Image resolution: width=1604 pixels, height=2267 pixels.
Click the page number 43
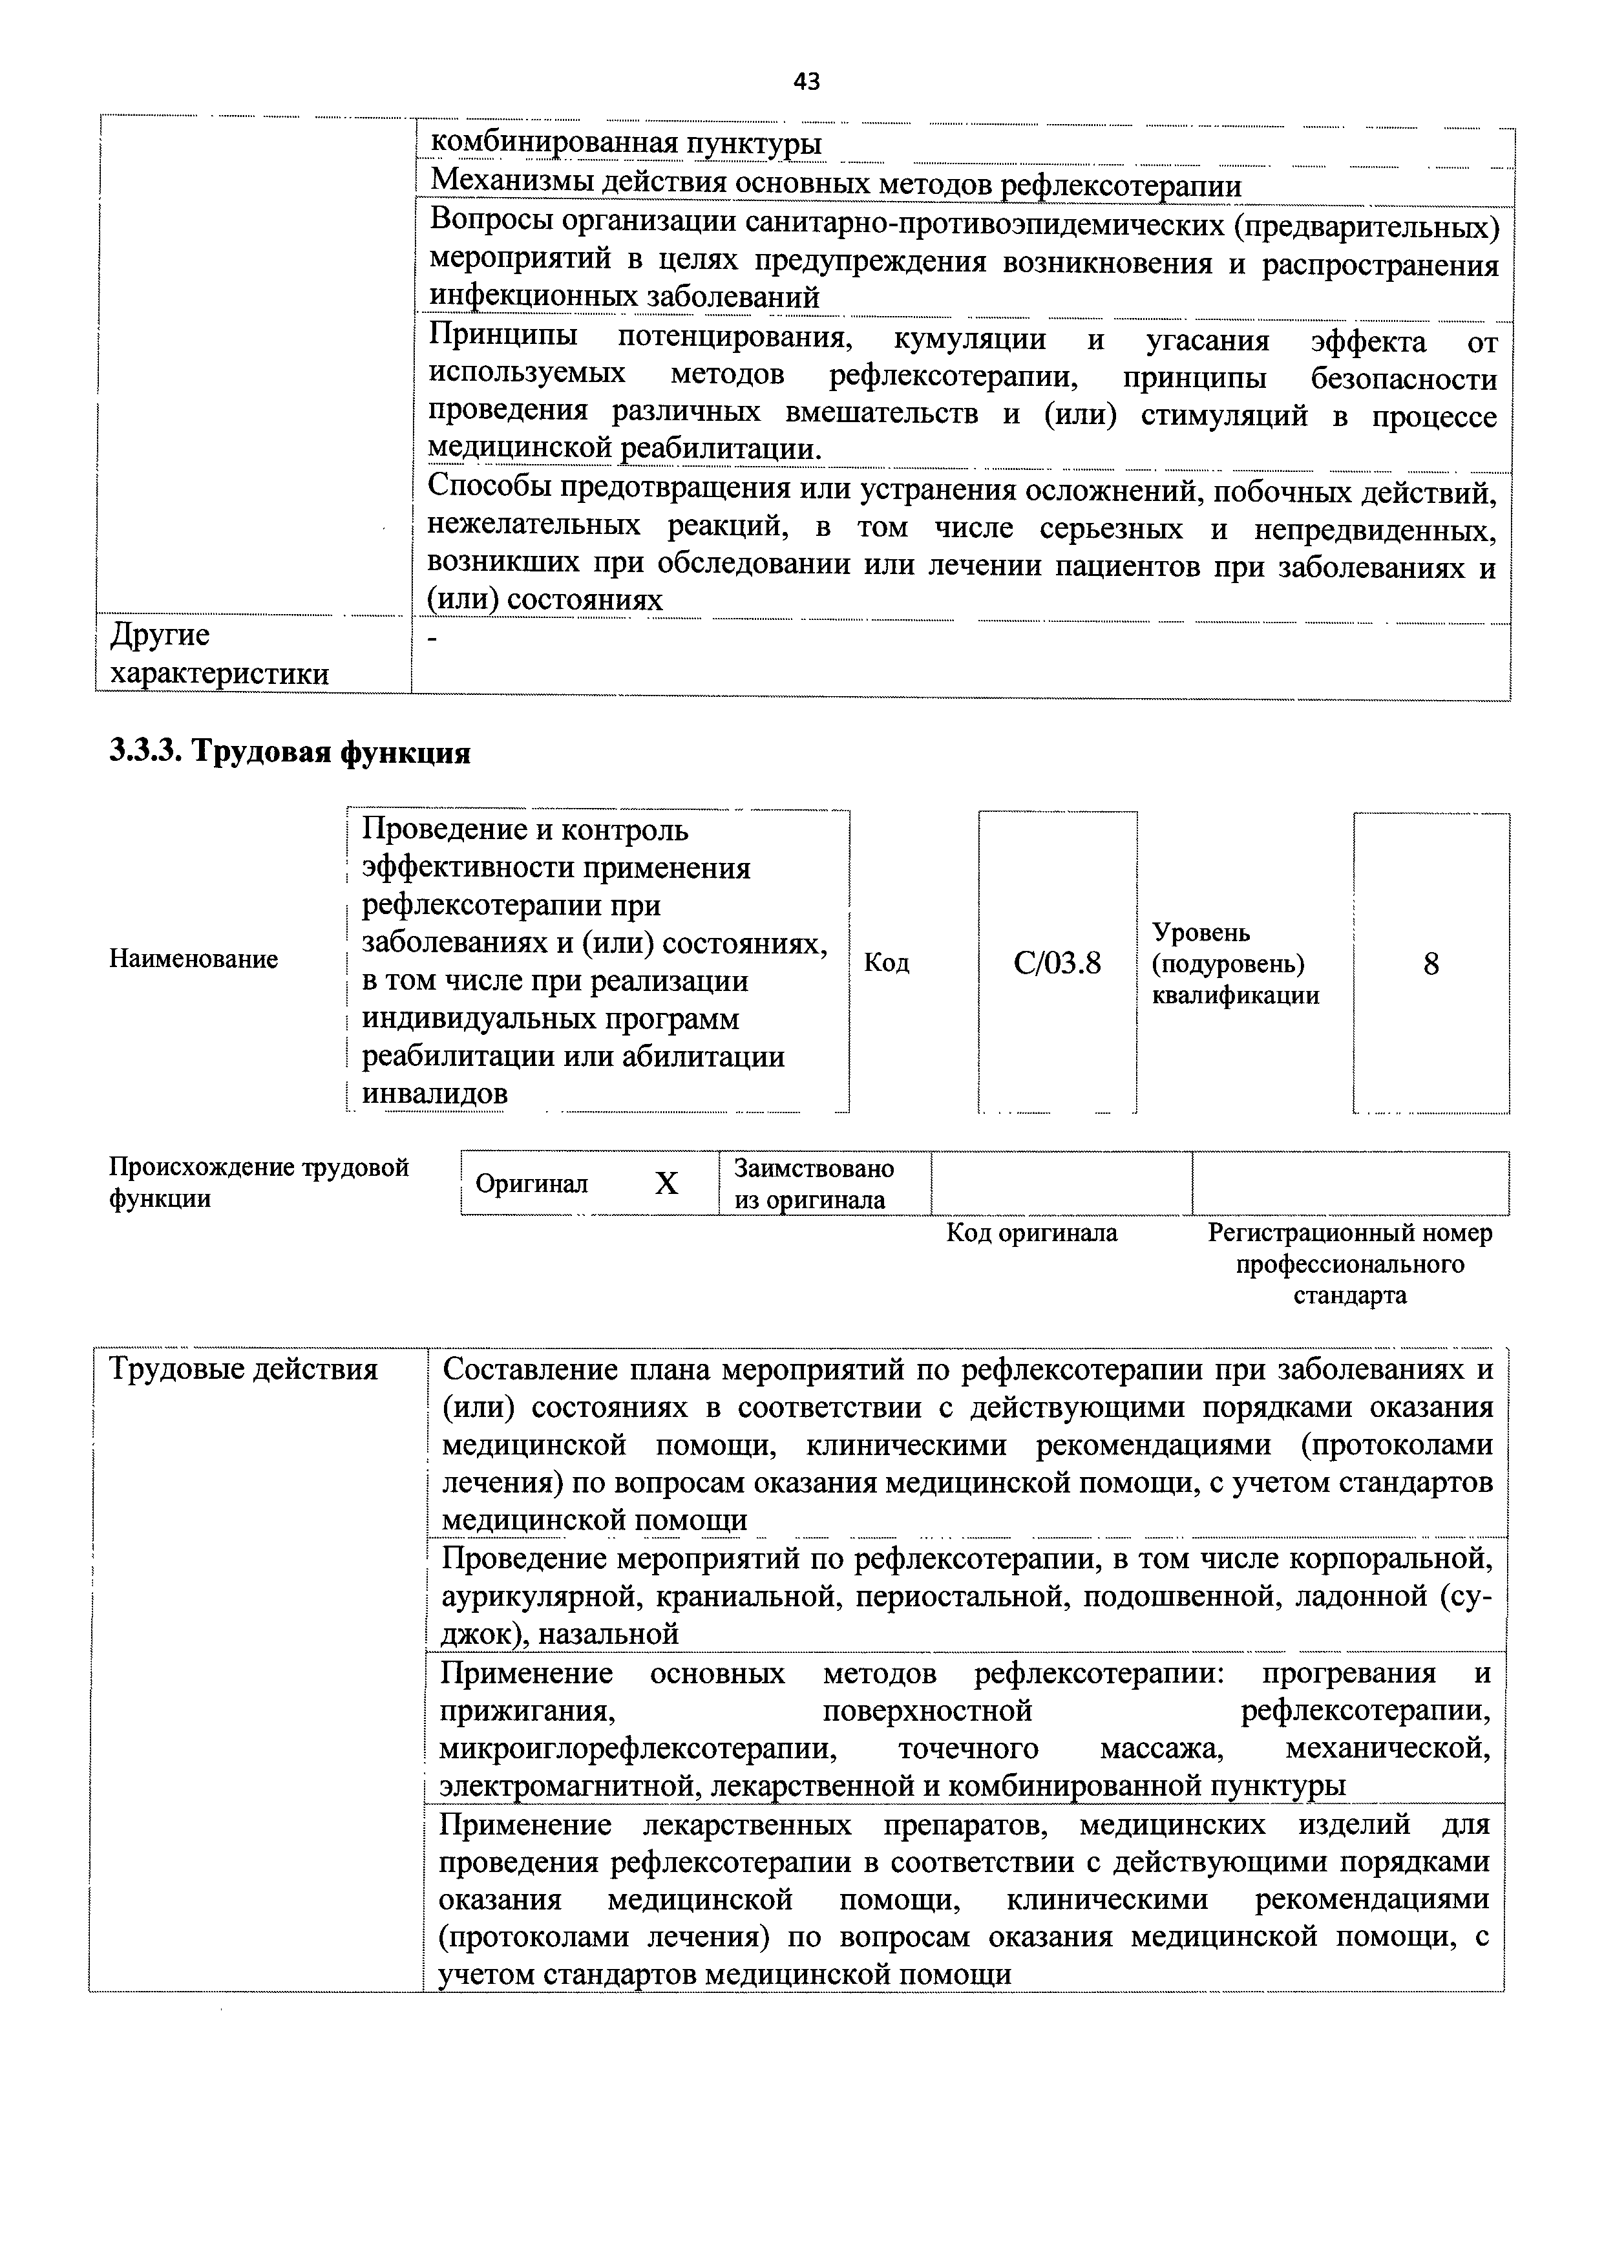(806, 82)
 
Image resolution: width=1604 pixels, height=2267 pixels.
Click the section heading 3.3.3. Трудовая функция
(290, 752)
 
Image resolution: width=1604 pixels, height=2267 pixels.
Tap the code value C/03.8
(1057, 963)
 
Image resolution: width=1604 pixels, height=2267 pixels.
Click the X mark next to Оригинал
(667, 1184)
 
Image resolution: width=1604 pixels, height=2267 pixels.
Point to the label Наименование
(194, 959)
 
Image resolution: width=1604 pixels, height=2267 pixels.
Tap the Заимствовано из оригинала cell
(814, 1184)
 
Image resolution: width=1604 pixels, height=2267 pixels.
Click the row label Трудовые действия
(243, 1369)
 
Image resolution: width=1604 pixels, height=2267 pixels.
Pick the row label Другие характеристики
(219, 654)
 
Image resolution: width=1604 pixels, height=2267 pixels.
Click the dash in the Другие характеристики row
(432, 640)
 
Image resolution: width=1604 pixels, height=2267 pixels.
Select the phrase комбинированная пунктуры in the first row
(626, 144)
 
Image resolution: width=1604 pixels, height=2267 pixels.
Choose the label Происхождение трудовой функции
(258, 1182)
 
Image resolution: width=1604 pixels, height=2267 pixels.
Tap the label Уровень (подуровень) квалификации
(1234, 963)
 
